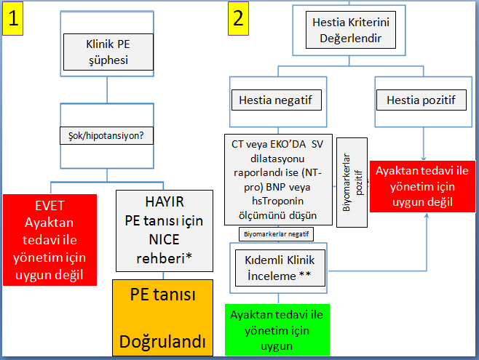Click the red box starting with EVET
pos(50,239)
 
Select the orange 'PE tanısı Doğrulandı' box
pos(162,318)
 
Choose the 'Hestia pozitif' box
pos(421,100)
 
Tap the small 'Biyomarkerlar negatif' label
pos(274,233)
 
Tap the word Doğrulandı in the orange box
pos(162,340)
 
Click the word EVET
pos(49,206)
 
